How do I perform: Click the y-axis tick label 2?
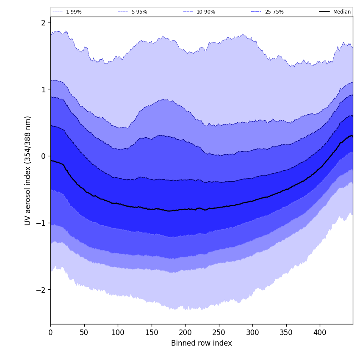(43, 22)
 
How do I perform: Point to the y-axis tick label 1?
(43, 89)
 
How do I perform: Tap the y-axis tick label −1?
(42, 223)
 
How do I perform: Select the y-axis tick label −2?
(42, 290)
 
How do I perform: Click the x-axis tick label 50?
(84, 333)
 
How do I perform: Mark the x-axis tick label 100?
(118, 333)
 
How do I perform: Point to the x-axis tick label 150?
(152, 333)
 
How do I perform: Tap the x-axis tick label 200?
(185, 333)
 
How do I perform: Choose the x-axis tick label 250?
(219, 333)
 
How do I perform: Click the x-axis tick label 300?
(252, 333)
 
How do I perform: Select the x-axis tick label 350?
(286, 333)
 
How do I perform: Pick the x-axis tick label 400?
(320, 333)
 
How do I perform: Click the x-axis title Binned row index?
(202, 343)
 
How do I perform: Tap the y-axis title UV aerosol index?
(28, 171)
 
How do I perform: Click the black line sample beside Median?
(325, 12)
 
